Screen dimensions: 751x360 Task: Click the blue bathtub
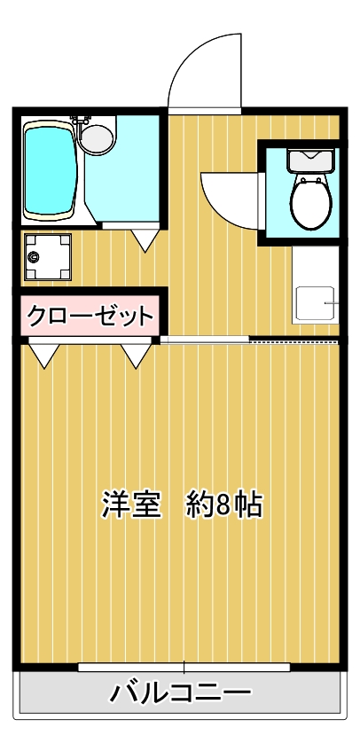point(50,170)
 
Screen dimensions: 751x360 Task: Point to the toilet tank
point(310,160)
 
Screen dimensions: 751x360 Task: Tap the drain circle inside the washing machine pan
point(35,257)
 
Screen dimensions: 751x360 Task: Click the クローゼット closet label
point(90,315)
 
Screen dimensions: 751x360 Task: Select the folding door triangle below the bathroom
point(145,239)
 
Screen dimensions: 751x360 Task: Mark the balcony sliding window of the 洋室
point(184,667)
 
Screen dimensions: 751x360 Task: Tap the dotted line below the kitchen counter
point(293,340)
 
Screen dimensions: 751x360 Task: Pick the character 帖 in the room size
point(248,505)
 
